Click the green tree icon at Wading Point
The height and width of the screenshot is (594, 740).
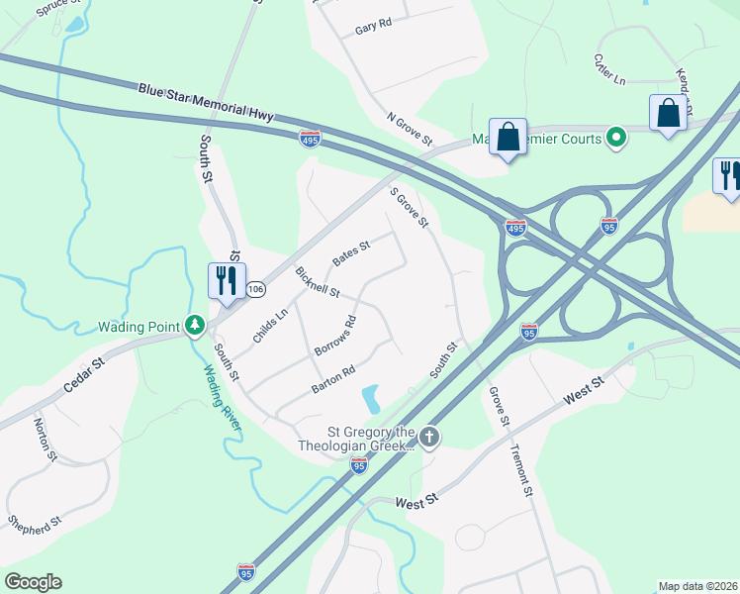click(196, 325)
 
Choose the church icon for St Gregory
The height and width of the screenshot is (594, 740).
click(428, 437)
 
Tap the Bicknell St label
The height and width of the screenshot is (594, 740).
click(317, 282)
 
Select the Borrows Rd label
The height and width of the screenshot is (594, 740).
click(334, 337)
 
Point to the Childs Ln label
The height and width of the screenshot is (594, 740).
click(269, 326)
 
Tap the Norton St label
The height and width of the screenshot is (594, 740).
click(44, 441)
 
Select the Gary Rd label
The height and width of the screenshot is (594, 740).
click(374, 27)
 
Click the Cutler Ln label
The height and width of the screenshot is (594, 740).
click(609, 67)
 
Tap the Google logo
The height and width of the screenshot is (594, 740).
click(33, 582)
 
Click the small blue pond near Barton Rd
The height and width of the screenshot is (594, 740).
click(371, 398)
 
